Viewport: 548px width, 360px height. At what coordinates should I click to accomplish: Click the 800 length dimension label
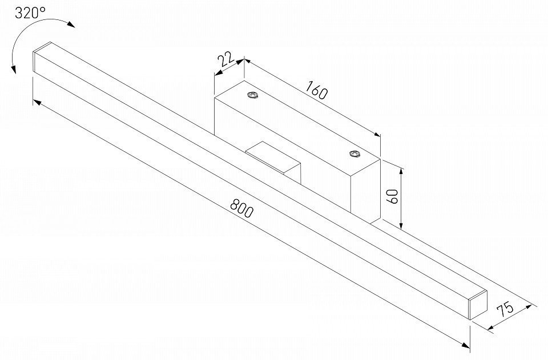click(241, 208)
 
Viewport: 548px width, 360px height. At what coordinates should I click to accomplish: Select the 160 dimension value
click(317, 90)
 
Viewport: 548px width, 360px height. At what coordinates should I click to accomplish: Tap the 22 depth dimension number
click(227, 60)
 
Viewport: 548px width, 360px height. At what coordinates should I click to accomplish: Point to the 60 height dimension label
click(393, 197)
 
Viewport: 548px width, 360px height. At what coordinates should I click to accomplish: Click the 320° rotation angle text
click(30, 14)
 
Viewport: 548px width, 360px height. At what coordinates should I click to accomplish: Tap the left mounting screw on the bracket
click(252, 96)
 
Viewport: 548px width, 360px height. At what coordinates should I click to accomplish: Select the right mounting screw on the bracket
click(354, 154)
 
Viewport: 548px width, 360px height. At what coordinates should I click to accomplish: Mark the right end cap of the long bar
click(478, 304)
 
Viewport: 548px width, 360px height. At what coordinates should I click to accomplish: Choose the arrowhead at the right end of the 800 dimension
click(465, 346)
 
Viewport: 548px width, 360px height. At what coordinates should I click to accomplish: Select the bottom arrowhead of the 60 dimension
click(401, 225)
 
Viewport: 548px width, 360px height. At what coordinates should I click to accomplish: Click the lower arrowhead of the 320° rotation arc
click(14, 69)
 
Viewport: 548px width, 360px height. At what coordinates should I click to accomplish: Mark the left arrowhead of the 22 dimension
click(219, 73)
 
